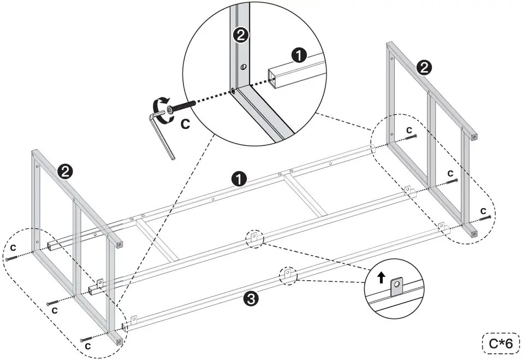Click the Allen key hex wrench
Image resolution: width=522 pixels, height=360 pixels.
161,134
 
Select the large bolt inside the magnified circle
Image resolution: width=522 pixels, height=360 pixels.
183,107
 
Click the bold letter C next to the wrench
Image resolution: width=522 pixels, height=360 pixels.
185,124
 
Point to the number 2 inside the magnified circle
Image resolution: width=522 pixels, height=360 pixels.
241,36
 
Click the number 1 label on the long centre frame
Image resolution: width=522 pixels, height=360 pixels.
238,178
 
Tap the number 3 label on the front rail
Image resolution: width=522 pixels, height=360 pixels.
250,299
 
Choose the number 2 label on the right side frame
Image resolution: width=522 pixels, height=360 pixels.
423,67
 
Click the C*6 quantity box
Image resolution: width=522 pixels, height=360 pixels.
500,343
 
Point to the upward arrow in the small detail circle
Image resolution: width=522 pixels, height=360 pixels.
381,278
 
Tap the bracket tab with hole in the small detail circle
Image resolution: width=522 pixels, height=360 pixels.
397,285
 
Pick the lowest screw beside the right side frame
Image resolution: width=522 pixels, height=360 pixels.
485,217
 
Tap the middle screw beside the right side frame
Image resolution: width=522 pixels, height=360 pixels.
452,181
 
